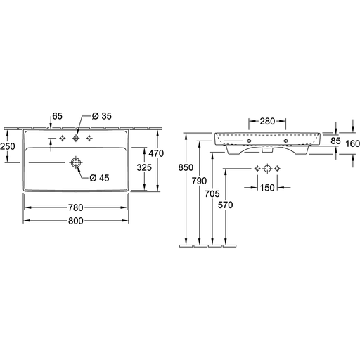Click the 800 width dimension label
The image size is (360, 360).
tap(76, 221)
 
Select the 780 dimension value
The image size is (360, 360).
tap(76, 207)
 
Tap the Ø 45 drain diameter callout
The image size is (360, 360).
tap(100, 178)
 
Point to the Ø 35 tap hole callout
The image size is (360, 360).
tap(102, 116)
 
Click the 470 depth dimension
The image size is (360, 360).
tap(156, 153)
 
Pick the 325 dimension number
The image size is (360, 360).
tap(144, 167)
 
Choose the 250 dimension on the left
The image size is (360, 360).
tap(8, 146)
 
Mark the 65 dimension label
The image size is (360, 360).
tap(57, 116)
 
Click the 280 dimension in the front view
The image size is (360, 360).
tap(267, 121)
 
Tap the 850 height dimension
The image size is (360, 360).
tap(186, 167)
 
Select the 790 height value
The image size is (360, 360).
tap(199, 181)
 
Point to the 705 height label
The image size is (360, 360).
tap(212, 194)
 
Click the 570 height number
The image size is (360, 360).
tap(226, 205)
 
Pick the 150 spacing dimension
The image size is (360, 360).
tap(267, 188)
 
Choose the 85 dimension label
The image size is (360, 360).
tap(335, 141)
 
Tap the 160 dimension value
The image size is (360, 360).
tap(352, 143)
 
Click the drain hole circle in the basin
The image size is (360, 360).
tap(76, 162)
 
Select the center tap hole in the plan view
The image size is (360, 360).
tap(76, 139)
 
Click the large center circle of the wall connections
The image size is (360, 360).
tap(267, 168)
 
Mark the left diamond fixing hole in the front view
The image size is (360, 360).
tap(249, 141)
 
